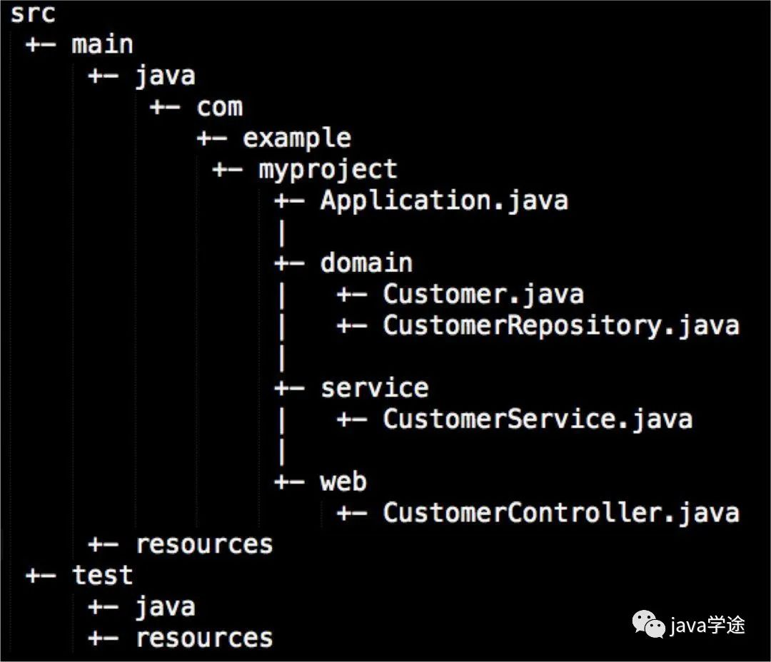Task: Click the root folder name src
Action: point(32,14)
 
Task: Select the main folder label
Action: point(102,45)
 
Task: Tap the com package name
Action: point(220,107)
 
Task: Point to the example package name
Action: point(297,138)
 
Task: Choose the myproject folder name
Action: point(328,170)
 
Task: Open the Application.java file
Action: point(444,200)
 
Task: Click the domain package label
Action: point(366,263)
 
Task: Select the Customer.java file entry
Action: point(483,294)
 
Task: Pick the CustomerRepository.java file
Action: point(560,325)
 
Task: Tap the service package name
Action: point(374,388)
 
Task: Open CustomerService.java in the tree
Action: point(537,419)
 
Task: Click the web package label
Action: point(343,482)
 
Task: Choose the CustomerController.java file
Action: point(560,513)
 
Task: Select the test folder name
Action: point(102,576)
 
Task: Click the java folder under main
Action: point(165,76)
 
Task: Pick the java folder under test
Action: point(165,607)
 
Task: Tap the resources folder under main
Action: point(204,544)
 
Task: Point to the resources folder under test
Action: point(204,638)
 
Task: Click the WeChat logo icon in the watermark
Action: point(649,624)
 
